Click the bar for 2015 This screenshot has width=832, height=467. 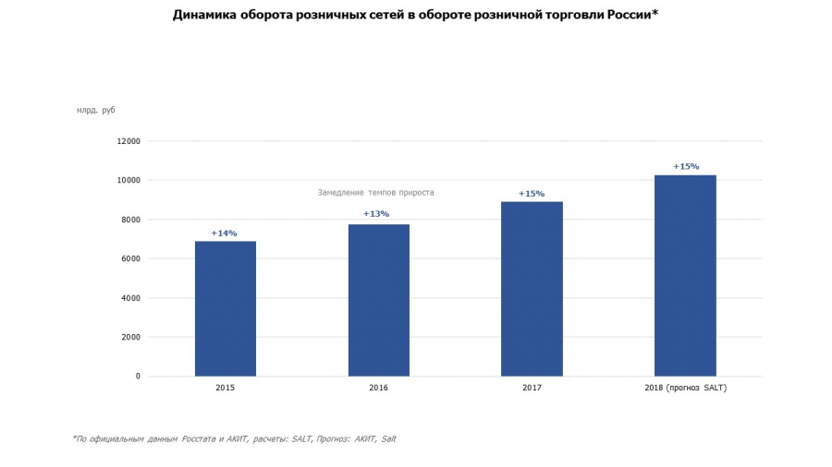tap(225, 308)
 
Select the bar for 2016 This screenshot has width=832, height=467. tap(378, 300)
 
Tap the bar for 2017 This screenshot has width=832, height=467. tap(532, 289)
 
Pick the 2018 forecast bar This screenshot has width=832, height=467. tap(685, 275)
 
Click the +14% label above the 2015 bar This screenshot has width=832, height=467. tap(225, 233)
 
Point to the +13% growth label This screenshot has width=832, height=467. tap(376, 214)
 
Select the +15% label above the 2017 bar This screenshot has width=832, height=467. tap(532, 194)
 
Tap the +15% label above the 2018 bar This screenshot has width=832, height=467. tap(686, 167)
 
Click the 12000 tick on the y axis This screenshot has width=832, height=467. tap(128, 141)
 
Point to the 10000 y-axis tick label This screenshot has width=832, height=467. tap(128, 180)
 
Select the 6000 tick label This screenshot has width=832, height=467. tap(130, 258)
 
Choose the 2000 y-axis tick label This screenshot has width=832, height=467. tap(130, 337)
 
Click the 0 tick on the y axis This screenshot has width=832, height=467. tap(138, 377)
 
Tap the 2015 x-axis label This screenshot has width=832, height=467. tap(225, 389)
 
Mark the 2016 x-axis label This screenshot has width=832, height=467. tap(378, 389)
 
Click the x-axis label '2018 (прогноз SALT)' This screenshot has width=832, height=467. tap(686, 389)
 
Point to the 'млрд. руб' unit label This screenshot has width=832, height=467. tap(96, 111)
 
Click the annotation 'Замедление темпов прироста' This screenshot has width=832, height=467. tap(375, 193)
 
